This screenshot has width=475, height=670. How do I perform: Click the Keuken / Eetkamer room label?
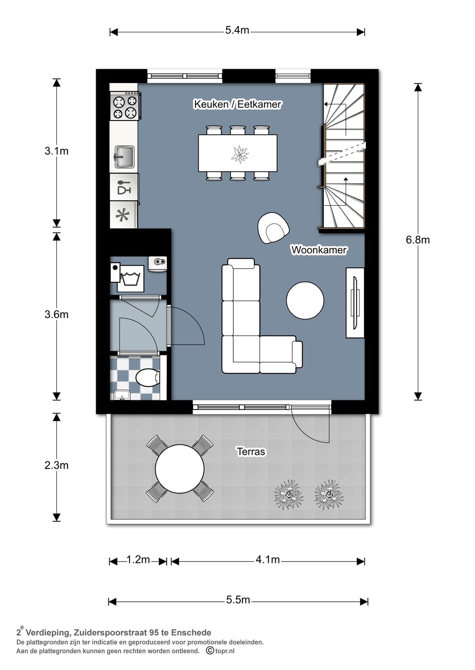click(x=237, y=104)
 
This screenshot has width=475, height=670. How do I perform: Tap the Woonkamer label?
click(x=319, y=250)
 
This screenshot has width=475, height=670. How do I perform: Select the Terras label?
click(x=251, y=451)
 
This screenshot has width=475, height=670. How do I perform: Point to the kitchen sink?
click(x=124, y=157)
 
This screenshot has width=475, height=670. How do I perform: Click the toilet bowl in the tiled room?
click(x=148, y=378)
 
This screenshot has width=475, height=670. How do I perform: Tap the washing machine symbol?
click(x=131, y=278)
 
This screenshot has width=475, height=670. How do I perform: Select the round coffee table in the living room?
click(x=305, y=300)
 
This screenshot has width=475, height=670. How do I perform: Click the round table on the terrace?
click(x=180, y=469)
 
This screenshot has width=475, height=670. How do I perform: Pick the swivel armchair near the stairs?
click(x=273, y=228)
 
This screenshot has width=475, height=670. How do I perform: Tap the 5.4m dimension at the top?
click(x=237, y=31)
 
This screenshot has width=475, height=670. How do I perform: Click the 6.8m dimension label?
click(x=418, y=240)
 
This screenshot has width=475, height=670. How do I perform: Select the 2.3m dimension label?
click(x=56, y=465)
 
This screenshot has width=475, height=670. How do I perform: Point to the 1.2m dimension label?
click(x=138, y=560)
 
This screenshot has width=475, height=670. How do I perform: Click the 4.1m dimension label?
click(x=268, y=560)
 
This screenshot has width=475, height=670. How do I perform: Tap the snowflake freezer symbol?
click(x=123, y=215)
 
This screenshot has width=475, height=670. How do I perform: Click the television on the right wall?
click(x=355, y=303)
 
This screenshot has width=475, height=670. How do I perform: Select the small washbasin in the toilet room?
click(x=122, y=395)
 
